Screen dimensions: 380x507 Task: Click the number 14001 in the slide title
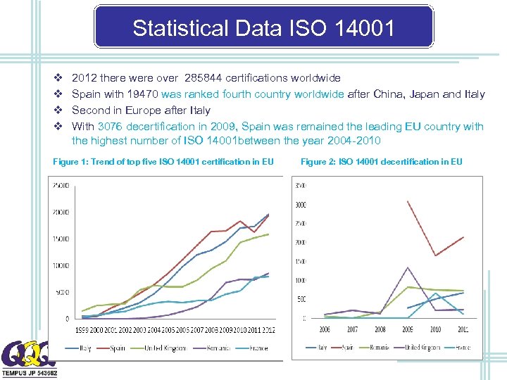pyautogui.click(x=363, y=28)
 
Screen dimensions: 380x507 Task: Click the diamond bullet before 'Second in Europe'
pyautogui.click(x=58, y=110)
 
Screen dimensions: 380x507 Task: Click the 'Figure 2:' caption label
pyautogui.click(x=318, y=162)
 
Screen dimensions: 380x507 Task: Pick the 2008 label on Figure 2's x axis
pyautogui.click(x=380, y=329)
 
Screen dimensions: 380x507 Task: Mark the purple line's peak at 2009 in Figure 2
pyautogui.click(x=408, y=267)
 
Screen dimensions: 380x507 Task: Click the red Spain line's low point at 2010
pyautogui.click(x=435, y=255)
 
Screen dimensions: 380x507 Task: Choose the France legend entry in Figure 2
pyautogui.click(x=462, y=347)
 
